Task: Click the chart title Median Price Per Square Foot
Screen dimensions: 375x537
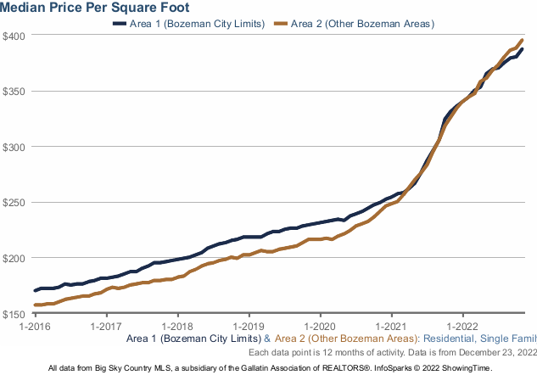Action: point(94,8)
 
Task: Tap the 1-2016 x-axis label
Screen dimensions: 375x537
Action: point(34,325)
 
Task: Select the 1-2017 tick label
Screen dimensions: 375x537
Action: point(105,325)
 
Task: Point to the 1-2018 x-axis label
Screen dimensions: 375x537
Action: point(177,325)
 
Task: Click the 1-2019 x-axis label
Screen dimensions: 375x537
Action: point(249,325)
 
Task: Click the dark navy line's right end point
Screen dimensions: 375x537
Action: point(523,49)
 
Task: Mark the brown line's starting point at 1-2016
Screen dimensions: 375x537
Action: point(35,305)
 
